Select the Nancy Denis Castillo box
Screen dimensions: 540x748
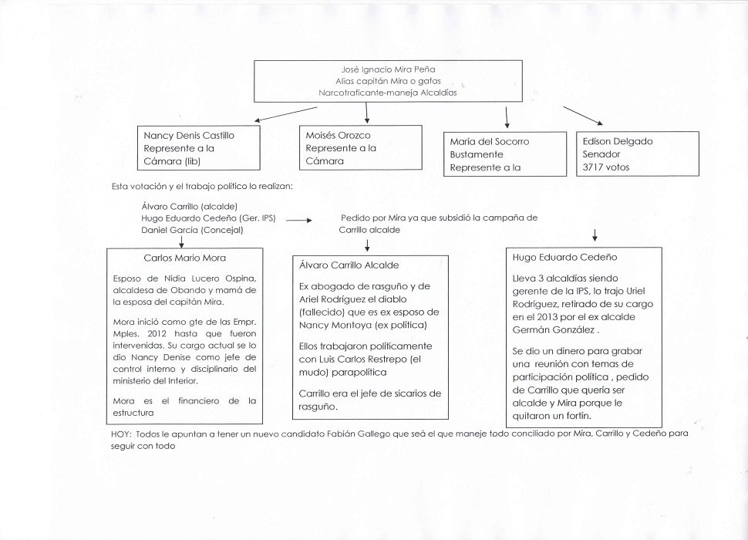(x=203, y=148)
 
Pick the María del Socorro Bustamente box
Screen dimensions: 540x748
(x=505, y=154)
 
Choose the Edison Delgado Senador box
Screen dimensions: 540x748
(x=637, y=154)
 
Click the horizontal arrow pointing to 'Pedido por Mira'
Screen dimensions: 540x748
(x=298, y=221)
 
